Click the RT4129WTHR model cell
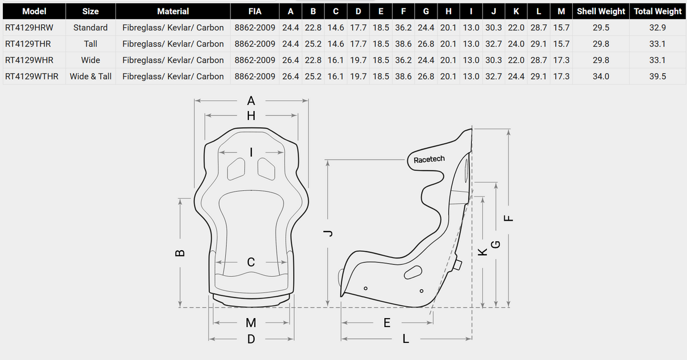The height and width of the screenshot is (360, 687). [x=32, y=76]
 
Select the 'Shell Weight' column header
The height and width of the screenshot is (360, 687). [x=600, y=11]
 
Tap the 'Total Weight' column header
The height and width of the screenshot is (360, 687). [x=658, y=11]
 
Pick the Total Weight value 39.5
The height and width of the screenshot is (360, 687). [x=658, y=76]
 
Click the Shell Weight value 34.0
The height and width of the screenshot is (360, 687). [x=600, y=76]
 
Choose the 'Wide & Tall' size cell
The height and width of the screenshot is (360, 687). [x=91, y=76]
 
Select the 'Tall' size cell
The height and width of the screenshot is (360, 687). [x=91, y=44]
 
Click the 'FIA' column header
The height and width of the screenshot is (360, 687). [x=255, y=11]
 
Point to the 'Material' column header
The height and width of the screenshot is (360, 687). [x=173, y=11]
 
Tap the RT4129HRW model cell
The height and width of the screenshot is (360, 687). [x=29, y=27]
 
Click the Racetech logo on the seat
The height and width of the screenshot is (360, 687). [x=429, y=160]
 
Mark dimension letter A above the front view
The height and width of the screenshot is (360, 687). [x=251, y=101]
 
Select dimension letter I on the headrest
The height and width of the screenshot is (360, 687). [x=251, y=152]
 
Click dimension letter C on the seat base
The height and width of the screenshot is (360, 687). [x=251, y=263]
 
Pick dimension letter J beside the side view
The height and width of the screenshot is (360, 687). [x=329, y=233]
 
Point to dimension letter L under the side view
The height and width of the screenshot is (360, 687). [x=406, y=339]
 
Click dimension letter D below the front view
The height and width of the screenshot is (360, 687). [x=251, y=339]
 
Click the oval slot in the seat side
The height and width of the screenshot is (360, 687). [x=413, y=272]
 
